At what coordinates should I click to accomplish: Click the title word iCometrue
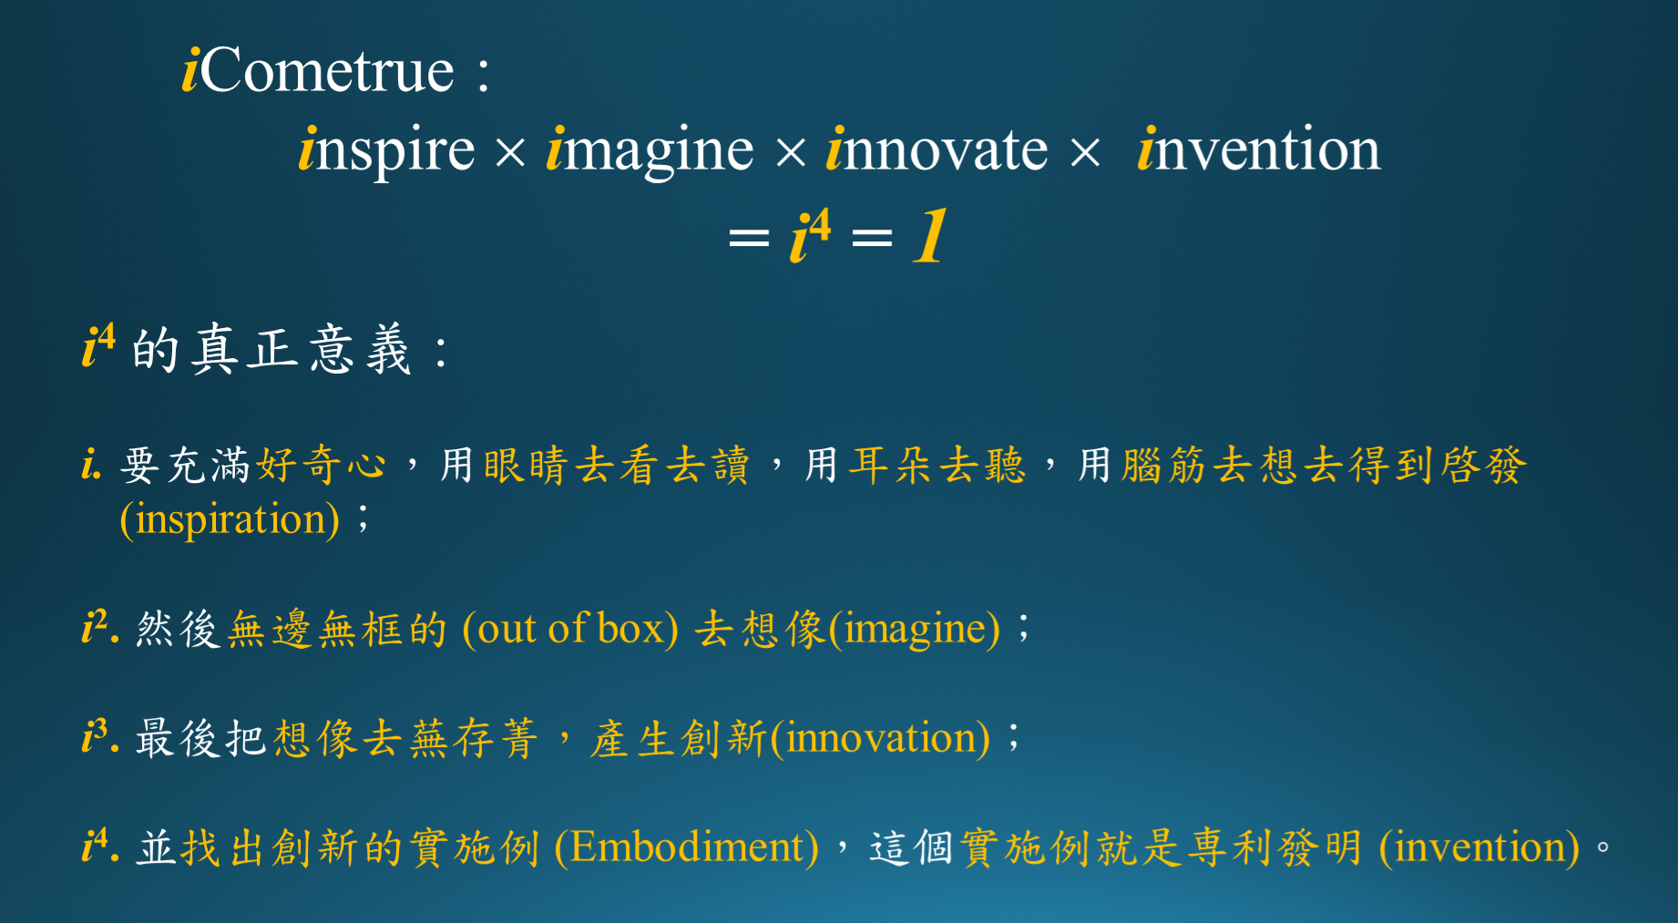point(318,70)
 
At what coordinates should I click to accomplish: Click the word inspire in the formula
point(387,149)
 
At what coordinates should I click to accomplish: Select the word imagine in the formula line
point(650,149)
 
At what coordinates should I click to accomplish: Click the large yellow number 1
point(931,236)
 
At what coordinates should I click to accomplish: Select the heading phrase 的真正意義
point(271,349)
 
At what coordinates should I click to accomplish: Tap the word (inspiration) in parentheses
point(230,518)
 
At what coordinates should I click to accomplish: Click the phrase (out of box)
point(570,629)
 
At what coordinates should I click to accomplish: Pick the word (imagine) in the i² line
point(914,629)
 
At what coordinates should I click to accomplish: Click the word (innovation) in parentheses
point(880,738)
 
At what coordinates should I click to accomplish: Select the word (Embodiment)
point(687,847)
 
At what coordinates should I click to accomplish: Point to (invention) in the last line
point(1479,847)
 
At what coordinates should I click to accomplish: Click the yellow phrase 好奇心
point(321,465)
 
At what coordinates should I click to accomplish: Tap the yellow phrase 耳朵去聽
point(937,465)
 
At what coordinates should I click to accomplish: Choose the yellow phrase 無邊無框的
point(337,630)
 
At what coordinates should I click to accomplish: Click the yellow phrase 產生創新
point(678,738)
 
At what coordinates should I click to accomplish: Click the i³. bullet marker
point(100,735)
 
